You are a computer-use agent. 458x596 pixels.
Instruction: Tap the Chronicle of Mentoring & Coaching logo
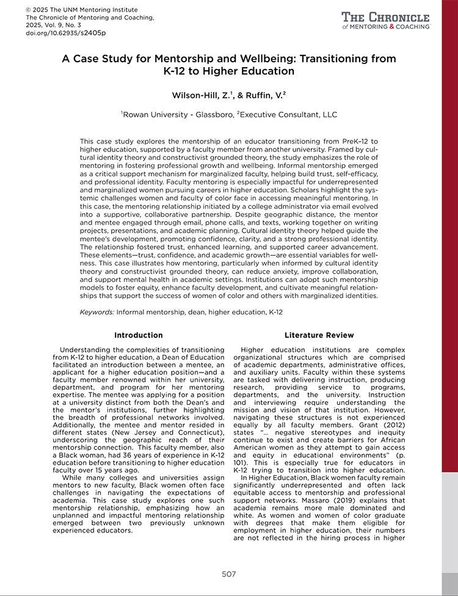tap(386, 20)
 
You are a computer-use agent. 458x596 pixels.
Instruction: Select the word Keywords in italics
tap(96, 312)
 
